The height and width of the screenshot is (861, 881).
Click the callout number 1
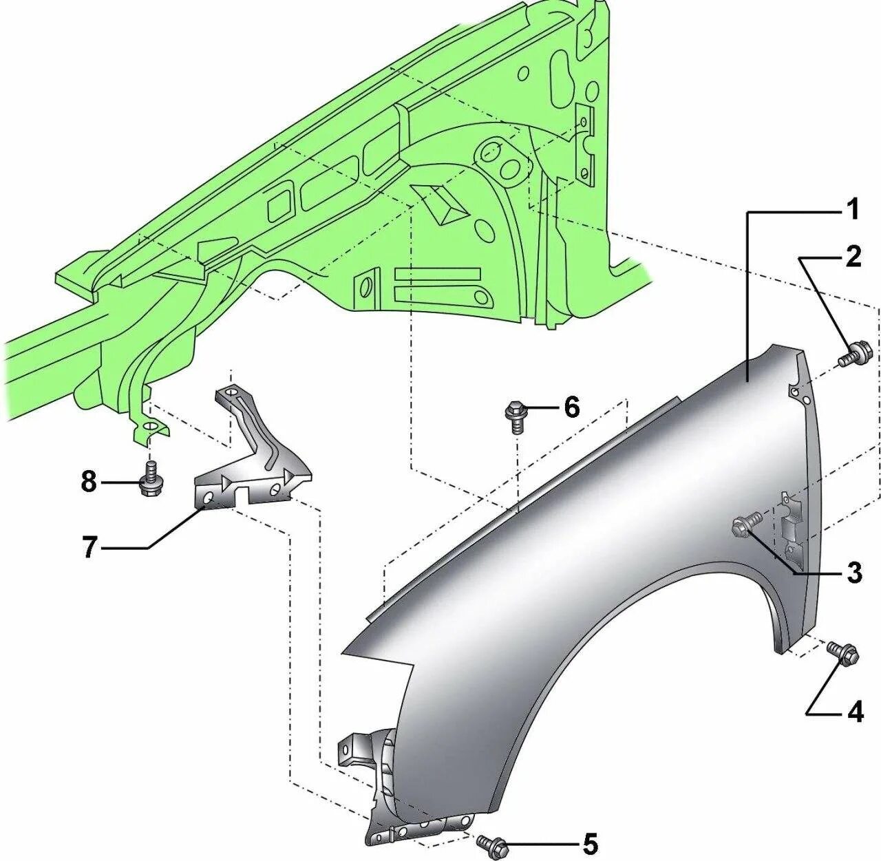pyautogui.click(x=853, y=209)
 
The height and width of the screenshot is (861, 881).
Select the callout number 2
pyautogui.click(x=853, y=257)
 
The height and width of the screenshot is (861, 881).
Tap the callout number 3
pyautogui.click(x=854, y=571)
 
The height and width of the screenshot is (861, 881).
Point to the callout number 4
pyautogui.click(x=855, y=712)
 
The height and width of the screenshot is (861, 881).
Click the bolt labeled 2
pyautogui.click(x=856, y=355)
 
